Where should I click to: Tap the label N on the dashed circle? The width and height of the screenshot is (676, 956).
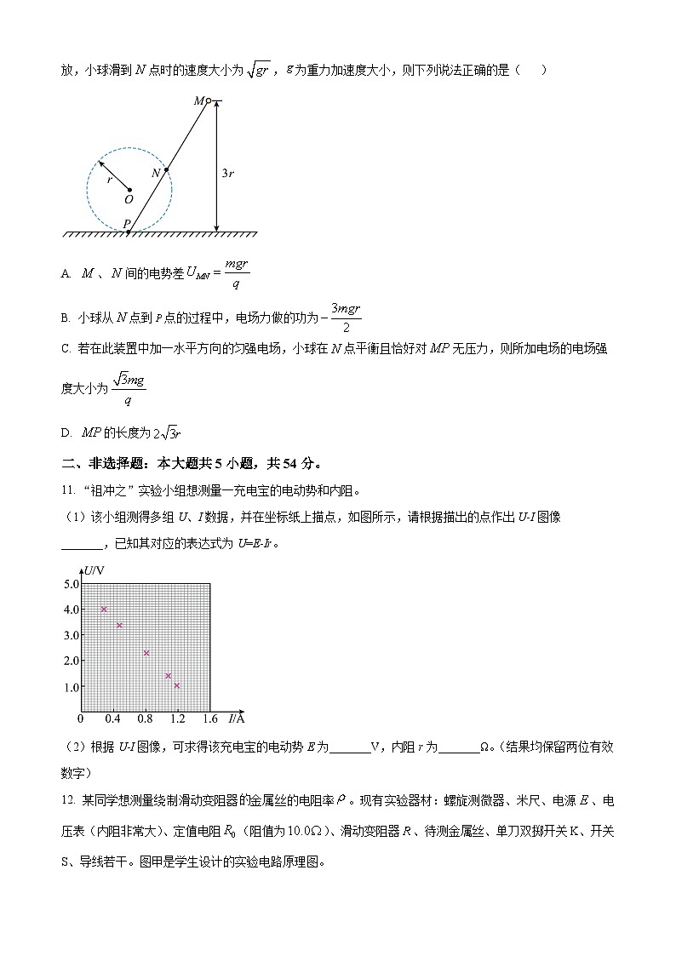(x=156, y=173)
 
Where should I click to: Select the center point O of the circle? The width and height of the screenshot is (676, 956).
(x=129, y=190)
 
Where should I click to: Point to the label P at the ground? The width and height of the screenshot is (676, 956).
(x=126, y=223)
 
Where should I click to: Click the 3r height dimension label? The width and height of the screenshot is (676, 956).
(x=227, y=173)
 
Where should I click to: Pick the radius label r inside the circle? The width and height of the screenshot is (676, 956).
(x=109, y=180)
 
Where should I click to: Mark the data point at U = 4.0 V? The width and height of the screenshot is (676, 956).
(x=104, y=610)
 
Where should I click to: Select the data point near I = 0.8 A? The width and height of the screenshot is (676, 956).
(x=146, y=653)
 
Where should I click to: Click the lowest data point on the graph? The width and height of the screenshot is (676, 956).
(x=177, y=685)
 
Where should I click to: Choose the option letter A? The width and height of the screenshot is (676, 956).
(x=66, y=274)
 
